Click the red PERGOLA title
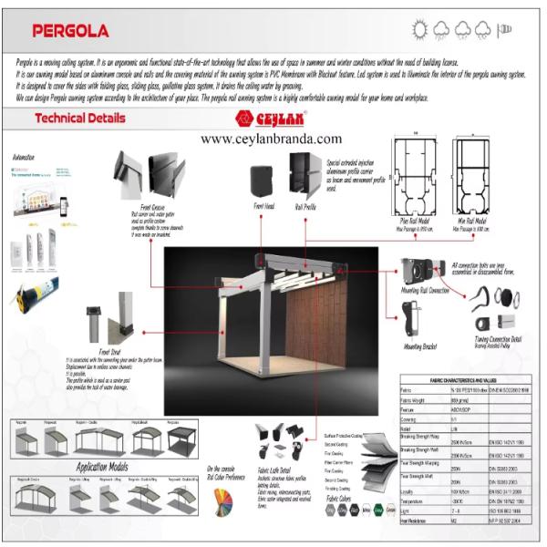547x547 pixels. click(71, 30)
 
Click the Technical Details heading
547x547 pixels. click(80, 119)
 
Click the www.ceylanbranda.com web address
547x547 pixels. click(271, 139)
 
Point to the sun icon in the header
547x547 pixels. click(420, 29)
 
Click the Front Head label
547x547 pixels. click(264, 207)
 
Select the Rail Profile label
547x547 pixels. click(304, 207)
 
